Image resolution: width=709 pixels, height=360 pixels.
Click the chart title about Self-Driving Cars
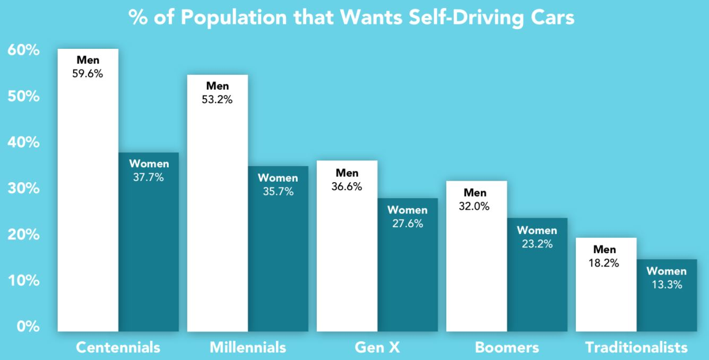(x=351, y=18)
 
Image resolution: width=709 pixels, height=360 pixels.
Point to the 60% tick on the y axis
(x=23, y=51)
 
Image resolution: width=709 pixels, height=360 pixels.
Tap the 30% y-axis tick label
(x=23, y=188)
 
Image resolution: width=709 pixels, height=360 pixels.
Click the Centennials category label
(x=118, y=348)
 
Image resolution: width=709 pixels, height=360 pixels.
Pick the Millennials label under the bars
(x=248, y=348)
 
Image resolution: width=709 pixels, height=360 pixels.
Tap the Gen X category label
(x=377, y=348)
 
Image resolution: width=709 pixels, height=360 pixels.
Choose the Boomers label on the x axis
(x=507, y=348)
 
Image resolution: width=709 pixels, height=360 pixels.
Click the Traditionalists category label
(x=636, y=348)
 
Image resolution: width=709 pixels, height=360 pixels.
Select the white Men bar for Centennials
(x=88, y=212)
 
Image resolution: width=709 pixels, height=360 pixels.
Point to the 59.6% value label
(x=88, y=74)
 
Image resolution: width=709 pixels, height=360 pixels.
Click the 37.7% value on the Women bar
(x=149, y=177)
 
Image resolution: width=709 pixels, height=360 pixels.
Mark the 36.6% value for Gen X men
(x=347, y=187)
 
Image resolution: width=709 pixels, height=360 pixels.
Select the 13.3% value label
(x=667, y=285)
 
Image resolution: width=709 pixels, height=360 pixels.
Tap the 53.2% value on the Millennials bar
(x=218, y=99)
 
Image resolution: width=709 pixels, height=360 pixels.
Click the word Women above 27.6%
(x=407, y=210)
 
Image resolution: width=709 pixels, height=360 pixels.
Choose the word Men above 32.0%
(x=475, y=192)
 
